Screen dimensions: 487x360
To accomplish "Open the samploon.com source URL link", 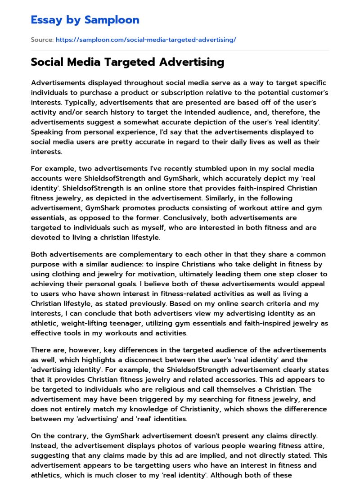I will (146, 40).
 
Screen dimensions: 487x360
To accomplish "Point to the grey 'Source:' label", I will (42, 40).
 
